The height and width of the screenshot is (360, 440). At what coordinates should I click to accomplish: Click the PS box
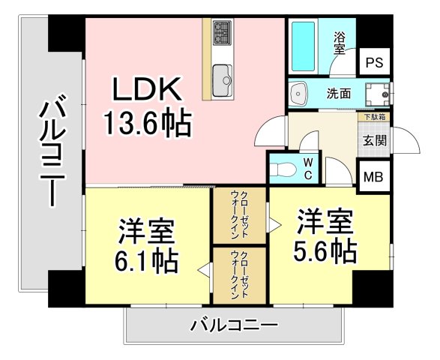click(x=373, y=64)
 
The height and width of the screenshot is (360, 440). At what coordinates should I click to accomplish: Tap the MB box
click(x=372, y=178)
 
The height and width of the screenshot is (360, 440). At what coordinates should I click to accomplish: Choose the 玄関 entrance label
click(x=375, y=139)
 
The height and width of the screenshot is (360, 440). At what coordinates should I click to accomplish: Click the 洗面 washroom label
click(x=339, y=94)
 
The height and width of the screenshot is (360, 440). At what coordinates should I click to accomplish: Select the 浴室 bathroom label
click(x=340, y=42)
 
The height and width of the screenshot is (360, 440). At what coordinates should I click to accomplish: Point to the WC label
click(x=308, y=169)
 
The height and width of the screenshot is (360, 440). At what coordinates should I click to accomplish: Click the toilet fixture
click(x=283, y=168)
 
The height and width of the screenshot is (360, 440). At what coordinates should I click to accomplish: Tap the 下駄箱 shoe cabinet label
click(x=375, y=117)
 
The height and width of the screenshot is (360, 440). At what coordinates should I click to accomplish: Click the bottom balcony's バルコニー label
click(x=234, y=325)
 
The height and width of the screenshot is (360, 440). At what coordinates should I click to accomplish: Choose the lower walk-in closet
click(x=240, y=275)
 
